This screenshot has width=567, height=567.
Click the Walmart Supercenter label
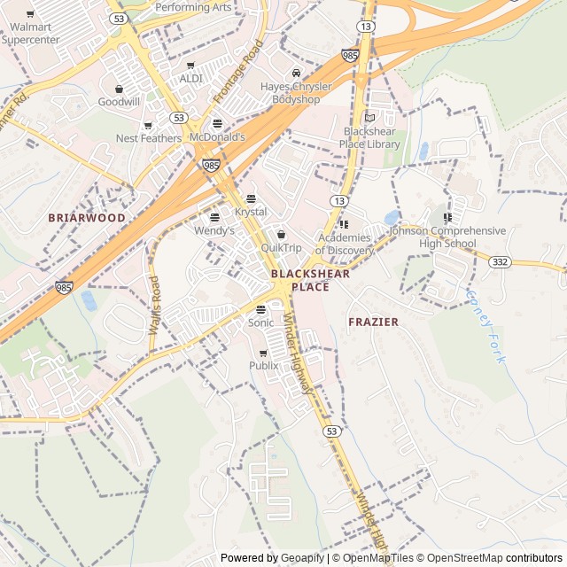[x=30, y=34]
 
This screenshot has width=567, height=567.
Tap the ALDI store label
[x=190, y=78]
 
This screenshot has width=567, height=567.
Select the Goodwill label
[x=119, y=102]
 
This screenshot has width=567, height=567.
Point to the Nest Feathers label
[x=148, y=138]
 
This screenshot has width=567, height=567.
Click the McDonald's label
[x=217, y=137]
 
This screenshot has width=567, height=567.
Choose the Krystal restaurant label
[x=251, y=212]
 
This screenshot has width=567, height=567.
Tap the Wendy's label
[x=214, y=230]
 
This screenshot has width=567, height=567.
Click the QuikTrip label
[x=281, y=248]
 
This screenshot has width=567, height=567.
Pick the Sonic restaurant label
[x=260, y=322]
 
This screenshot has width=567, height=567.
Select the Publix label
[x=263, y=365]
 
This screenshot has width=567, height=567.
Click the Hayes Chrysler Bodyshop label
[x=296, y=93]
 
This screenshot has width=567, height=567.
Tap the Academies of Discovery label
[x=345, y=244]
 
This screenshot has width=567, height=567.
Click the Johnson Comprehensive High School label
[x=447, y=237]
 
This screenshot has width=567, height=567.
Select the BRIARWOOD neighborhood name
[x=87, y=217]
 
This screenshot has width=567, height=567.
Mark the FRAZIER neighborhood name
[x=373, y=322]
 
